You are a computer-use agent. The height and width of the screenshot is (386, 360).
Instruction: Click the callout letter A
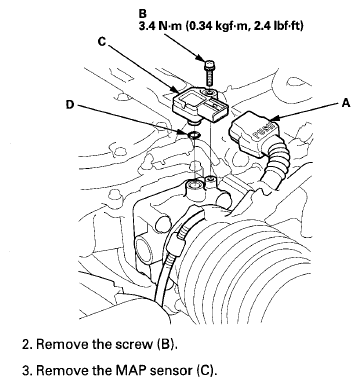coord(347,103)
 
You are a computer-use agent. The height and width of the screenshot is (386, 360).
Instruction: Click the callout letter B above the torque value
coord(142,14)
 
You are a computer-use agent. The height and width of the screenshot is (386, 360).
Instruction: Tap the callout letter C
coord(102,42)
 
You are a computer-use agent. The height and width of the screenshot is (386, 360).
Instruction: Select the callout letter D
coord(69,105)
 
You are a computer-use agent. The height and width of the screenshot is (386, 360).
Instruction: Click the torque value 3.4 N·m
coord(160,26)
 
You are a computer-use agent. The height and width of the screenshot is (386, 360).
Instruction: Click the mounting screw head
coord(209,63)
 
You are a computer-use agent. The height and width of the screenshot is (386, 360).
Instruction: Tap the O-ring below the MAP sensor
coord(193,135)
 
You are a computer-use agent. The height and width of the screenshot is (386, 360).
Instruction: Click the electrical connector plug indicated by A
coord(252,133)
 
